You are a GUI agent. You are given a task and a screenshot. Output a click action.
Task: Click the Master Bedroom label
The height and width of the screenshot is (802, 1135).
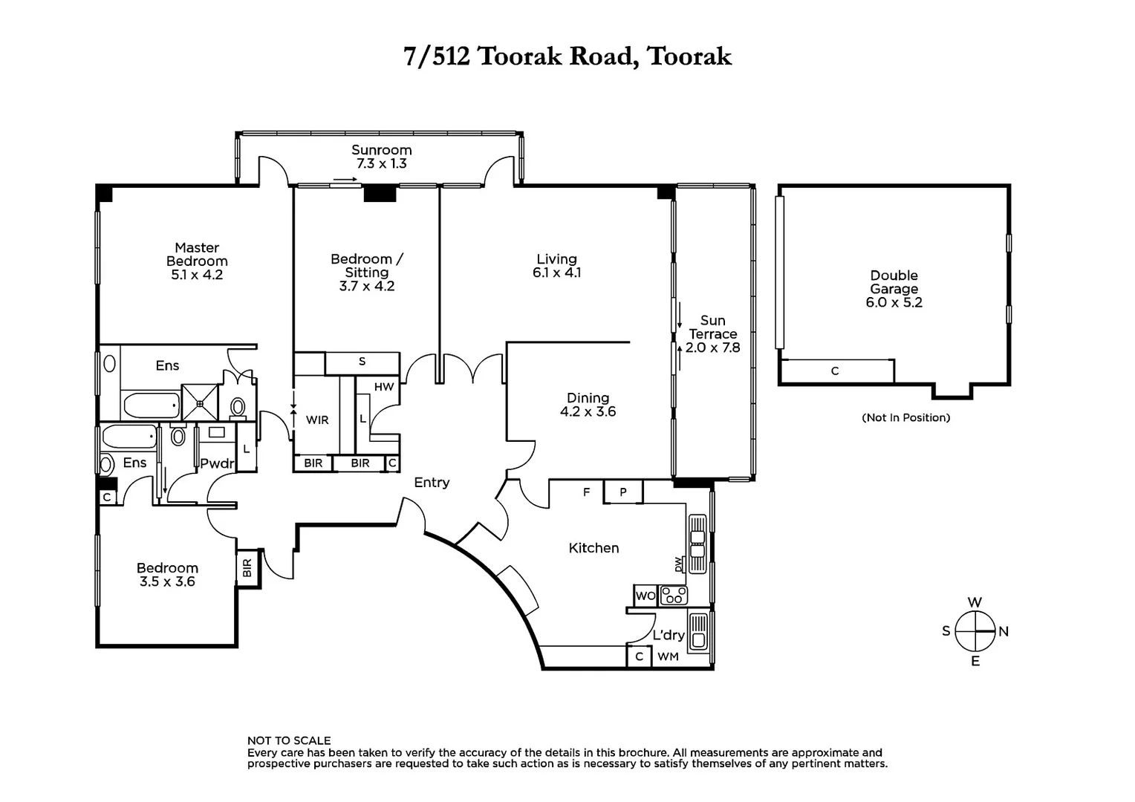point(197,254)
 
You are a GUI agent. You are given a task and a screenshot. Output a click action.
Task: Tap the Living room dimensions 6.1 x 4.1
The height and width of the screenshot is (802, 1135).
point(556,273)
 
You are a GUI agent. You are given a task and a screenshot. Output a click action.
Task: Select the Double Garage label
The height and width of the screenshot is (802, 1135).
point(894,282)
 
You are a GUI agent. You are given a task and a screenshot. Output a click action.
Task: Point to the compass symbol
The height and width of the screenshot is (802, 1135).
point(975,631)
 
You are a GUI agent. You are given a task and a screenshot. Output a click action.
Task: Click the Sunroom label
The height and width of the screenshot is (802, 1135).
point(381,150)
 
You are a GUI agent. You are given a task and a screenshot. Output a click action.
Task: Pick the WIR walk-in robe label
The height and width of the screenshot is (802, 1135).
point(317,420)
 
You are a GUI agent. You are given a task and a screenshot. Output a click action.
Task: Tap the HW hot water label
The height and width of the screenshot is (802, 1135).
point(384,387)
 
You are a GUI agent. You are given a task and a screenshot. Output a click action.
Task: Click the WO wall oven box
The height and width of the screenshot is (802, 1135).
point(645,596)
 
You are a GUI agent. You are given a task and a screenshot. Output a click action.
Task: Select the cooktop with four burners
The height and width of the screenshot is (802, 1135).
point(674,596)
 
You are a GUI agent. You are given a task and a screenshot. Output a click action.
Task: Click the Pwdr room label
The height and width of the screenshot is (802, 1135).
point(217,463)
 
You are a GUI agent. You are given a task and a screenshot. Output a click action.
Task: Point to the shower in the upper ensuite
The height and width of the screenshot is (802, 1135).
point(201,402)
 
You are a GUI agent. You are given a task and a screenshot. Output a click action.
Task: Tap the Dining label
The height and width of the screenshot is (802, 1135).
point(588,398)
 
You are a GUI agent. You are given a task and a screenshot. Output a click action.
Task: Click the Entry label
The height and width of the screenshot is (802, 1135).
point(432,483)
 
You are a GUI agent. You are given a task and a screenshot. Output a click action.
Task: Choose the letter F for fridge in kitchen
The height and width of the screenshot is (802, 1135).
point(586,492)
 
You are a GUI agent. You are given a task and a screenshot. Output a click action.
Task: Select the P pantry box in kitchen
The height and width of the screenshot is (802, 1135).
point(623,492)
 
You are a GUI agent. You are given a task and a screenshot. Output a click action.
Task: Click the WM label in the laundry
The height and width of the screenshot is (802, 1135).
point(668,656)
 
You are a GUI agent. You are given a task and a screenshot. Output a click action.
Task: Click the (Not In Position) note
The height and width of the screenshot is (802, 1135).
point(905,417)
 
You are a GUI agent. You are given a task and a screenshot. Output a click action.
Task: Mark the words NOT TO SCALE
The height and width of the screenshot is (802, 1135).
point(289,740)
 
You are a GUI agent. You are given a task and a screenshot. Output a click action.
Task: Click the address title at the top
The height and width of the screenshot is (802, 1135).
point(567,56)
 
